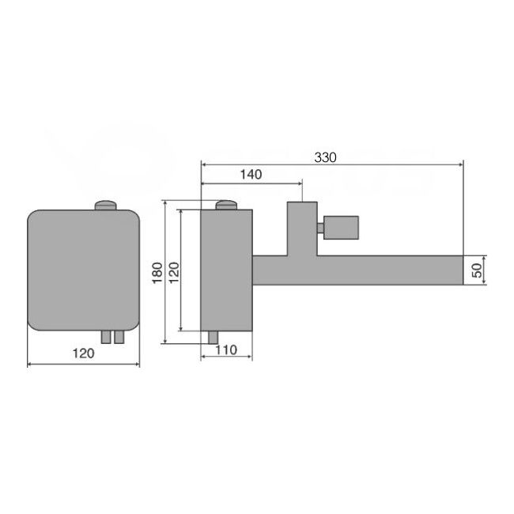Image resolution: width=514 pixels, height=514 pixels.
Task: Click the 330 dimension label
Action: pyautogui.click(x=325, y=157)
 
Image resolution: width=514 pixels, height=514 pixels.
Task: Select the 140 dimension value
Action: pyautogui.click(x=251, y=175)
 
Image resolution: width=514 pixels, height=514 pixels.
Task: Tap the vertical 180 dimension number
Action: pyautogui.click(x=157, y=273)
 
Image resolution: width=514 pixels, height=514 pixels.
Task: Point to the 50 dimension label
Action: pyautogui.click(x=478, y=270)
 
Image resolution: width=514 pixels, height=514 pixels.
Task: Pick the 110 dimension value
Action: pyautogui.click(x=226, y=350)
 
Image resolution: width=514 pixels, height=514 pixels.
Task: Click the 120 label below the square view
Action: pyautogui.click(x=83, y=353)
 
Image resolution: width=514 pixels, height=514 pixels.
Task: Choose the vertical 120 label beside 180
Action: pyautogui.click(x=175, y=273)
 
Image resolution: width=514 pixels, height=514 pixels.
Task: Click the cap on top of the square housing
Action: pyautogui.click(x=106, y=205)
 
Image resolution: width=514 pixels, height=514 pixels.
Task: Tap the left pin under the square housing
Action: pyautogui.click(x=106, y=337)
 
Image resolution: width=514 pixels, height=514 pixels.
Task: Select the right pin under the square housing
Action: pyautogui.click(x=119, y=337)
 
